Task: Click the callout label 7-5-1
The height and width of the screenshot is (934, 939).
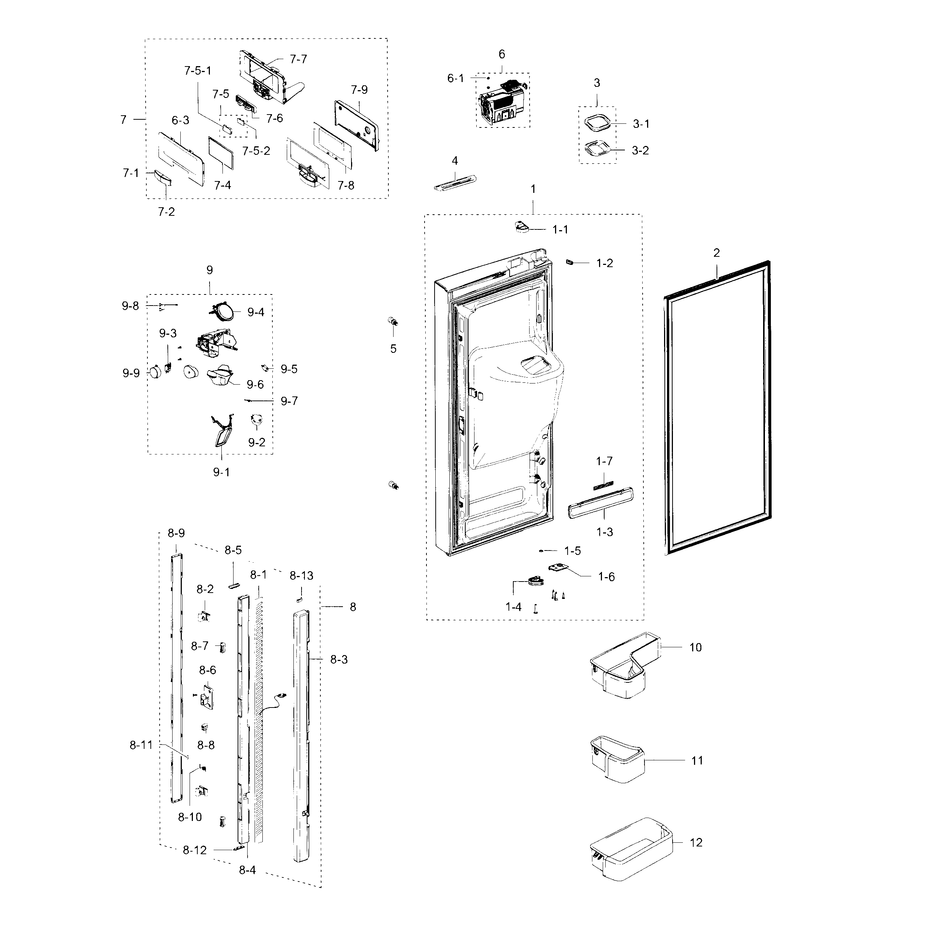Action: (x=197, y=71)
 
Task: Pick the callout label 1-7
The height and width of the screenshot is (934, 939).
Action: (x=604, y=461)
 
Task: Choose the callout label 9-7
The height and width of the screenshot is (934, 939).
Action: (x=289, y=401)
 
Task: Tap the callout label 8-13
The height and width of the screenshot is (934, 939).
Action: (x=301, y=576)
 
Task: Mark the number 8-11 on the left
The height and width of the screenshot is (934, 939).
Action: (x=141, y=745)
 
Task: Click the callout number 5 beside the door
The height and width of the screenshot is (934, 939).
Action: (x=393, y=349)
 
